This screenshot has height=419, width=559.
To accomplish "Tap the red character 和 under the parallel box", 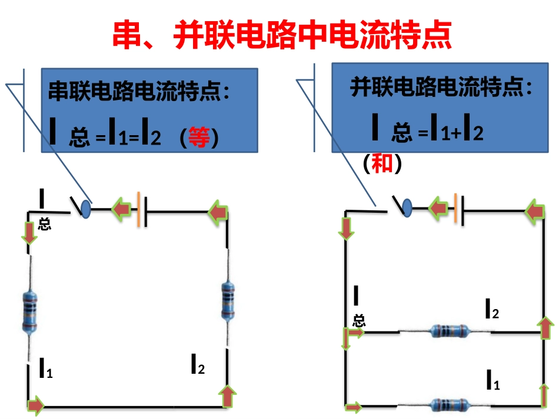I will (x=382, y=163).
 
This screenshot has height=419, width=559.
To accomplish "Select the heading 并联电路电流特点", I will (x=441, y=88).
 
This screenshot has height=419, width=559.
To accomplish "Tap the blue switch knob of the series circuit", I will (x=85, y=207).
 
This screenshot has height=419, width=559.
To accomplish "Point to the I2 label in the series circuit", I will (x=197, y=365).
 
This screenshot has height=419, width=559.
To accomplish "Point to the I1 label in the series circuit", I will (x=45, y=368).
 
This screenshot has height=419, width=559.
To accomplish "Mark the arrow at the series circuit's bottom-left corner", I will (x=35, y=404).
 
